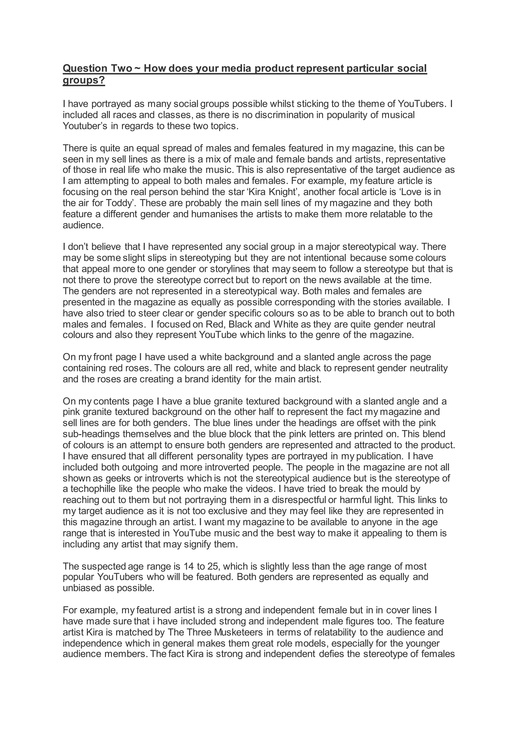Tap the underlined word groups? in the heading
(83, 80)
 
